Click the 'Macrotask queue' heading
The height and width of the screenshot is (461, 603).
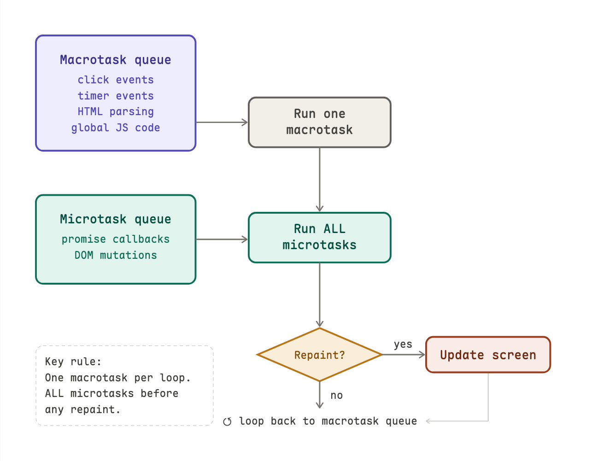116,60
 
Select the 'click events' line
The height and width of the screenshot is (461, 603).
116,80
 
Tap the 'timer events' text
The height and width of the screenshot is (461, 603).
116,96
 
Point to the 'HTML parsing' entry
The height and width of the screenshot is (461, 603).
116,111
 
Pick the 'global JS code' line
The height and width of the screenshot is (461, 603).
116,128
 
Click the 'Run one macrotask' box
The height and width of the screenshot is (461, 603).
319,122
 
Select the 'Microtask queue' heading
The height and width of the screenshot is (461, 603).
116,219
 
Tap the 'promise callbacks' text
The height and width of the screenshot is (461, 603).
116,239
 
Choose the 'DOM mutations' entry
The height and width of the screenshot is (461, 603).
116,255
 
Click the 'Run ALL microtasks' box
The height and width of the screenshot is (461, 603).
319,237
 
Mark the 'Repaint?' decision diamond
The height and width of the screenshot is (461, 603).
319,355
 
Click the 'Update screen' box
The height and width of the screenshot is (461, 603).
488,355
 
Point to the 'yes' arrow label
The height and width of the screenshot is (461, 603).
403,344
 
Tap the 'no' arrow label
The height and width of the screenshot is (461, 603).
337,395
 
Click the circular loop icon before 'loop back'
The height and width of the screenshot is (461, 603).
227,421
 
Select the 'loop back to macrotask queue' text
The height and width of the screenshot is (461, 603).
328,421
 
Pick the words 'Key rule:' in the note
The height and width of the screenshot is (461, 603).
73,362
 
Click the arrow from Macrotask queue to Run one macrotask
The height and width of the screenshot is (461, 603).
222,122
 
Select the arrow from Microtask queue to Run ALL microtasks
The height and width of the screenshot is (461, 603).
222,239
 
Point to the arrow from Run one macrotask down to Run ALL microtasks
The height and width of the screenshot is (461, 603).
320,180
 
